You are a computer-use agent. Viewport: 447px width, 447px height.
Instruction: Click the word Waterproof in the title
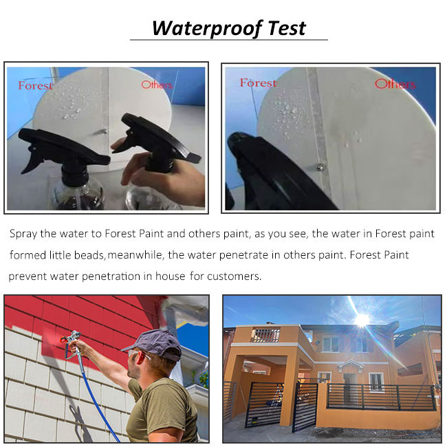tap(207, 29)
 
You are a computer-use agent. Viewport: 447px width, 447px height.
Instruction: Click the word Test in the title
tap(287, 28)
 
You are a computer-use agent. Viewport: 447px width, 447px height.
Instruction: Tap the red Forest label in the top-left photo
tap(35, 85)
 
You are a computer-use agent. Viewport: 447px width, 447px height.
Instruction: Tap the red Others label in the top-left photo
tap(157, 85)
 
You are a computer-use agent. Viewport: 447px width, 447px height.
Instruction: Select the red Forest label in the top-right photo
tap(259, 83)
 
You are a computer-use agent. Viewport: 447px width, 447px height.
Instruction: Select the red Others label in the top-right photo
tap(395, 84)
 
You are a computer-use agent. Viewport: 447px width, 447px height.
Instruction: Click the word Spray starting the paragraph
tap(23, 234)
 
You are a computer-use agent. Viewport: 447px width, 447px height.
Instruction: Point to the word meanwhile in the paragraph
tap(135, 255)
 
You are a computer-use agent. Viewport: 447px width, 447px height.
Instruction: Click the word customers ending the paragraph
tap(234, 276)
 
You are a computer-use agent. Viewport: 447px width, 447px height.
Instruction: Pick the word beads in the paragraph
tap(89, 255)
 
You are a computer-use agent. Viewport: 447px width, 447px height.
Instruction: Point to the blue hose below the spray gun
tap(97, 399)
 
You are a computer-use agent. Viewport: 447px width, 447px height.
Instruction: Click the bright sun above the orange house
tap(362, 319)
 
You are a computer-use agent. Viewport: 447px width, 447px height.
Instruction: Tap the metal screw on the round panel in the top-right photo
tap(320, 166)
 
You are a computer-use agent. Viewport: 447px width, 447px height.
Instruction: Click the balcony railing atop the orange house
tap(266, 336)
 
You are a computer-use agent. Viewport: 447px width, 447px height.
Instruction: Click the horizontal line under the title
tap(229, 40)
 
